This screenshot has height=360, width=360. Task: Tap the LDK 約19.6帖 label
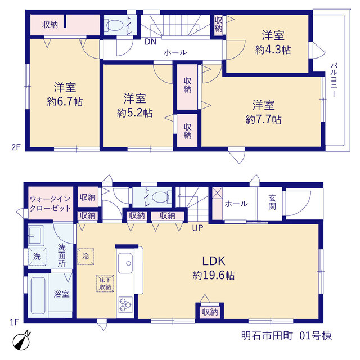pos(214,268)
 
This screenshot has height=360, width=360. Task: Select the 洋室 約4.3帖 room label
pos(273,42)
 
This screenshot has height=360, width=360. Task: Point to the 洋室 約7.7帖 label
pos(264,112)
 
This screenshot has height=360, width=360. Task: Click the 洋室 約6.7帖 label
pos(65,94)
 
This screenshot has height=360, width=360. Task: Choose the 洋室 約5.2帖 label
pos(134,105)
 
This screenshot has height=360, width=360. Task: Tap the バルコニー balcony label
pos(334,80)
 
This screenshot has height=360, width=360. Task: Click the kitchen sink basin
pos(125,263)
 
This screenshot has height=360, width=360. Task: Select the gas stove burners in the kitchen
pos(125,305)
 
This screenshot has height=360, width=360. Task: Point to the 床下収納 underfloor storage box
pos(105,283)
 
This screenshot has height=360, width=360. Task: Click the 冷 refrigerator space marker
pos(85,256)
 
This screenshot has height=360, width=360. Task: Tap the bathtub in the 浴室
pos(38,295)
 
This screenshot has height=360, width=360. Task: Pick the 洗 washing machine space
pos(37,256)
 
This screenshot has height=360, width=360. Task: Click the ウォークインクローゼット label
pos(50,204)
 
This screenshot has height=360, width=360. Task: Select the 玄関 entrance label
pos(272,202)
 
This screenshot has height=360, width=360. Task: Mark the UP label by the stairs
pos(197,228)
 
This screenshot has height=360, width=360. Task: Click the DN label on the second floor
pos(151,42)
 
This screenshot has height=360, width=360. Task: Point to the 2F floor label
pos(16,147)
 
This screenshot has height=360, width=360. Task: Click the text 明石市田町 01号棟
pos(286,336)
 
